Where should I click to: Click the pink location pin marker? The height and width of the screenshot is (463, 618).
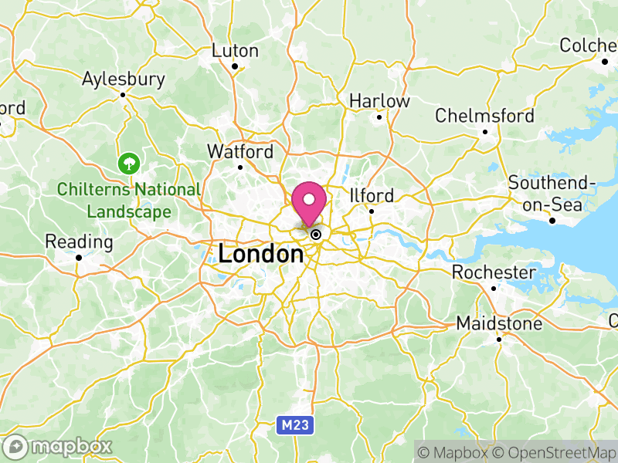pyautogui.click(x=310, y=203)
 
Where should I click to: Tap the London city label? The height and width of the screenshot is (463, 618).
pyautogui.click(x=260, y=253)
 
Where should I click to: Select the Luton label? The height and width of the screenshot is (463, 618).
pyautogui.click(x=235, y=51)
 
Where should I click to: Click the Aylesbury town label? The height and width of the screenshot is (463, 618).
pyautogui.click(x=124, y=79)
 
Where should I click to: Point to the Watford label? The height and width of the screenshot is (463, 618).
pyautogui.click(x=239, y=151)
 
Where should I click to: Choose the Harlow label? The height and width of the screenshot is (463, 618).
pyautogui.click(x=379, y=101)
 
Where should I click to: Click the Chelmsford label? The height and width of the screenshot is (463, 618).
pyautogui.click(x=484, y=116)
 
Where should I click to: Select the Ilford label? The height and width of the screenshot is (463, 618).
pyautogui.click(x=372, y=195)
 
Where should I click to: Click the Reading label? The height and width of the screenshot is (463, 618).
pyautogui.click(x=79, y=242)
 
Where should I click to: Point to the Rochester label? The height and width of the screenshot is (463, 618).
pyautogui.click(x=494, y=272)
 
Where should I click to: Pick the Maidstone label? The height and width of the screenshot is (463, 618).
pyautogui.click(x=499, y=323)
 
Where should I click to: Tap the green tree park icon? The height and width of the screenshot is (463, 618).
pyautogui.click(x=127, y=164)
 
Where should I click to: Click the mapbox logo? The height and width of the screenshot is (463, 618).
pyautogui.click(x=58, y=446)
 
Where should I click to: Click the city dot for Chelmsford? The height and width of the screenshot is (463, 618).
pyautogui.click(x=485, y=132)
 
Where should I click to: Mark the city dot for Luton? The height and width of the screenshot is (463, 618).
pyautogui.click(x=235, y=66)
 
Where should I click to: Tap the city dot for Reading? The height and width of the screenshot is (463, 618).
pyautogui.click(x=79, y=258)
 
